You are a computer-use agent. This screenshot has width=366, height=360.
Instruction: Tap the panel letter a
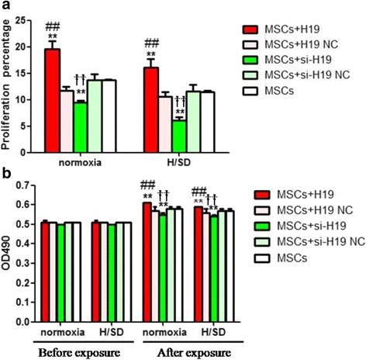click(5, 6)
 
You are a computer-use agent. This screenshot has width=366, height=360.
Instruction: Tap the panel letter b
click(5, 174)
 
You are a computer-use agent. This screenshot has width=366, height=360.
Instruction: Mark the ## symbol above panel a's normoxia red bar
click(52, 27)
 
